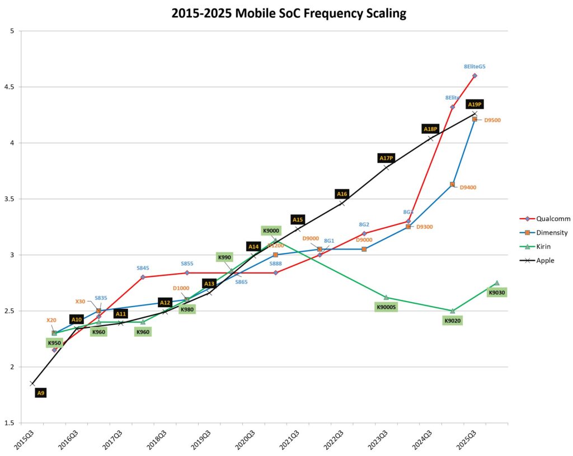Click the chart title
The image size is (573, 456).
[x=289, y=13]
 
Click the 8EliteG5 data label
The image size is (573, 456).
[x=475, y=67]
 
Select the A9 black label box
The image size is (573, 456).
[x=40, y=393]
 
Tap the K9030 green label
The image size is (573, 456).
[x=496, y=293]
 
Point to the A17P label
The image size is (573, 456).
[x=386, y=158]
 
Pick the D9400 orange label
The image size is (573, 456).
[x=468, y=187]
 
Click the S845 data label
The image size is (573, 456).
[x=143, y=268]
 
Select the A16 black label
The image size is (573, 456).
[x=342, y=194]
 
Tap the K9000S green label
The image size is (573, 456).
[x=386, y=307]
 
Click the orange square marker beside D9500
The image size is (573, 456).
[x=475, y=119]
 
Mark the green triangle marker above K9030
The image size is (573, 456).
[x=496, y=283]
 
